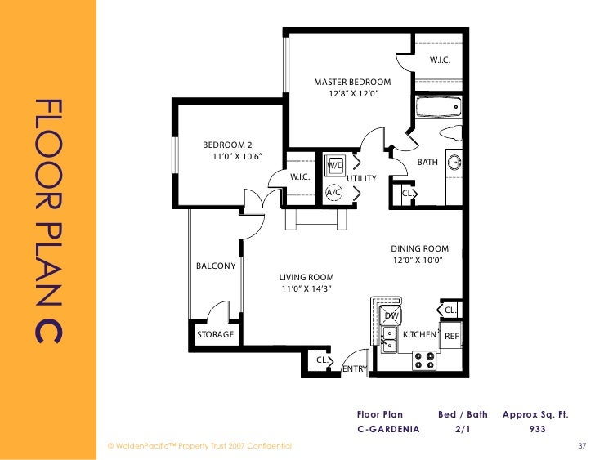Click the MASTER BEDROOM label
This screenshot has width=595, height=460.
click(x=352, y=82)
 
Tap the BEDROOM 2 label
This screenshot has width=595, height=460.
click(x=227, y=145)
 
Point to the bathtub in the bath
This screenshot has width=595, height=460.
click(x=439, y=107)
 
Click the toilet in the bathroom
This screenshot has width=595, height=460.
click(x=451, y=133)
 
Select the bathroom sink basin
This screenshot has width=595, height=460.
click(x=454, y=163)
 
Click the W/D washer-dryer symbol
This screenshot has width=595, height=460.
click(x=335, y=165)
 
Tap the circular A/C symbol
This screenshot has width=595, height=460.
click(x=334, y=193)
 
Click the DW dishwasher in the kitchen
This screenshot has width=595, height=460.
click(x=391, y=315)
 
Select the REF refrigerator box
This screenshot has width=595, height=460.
click(x=451, y=336)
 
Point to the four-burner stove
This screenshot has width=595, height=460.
click(x=424, y=360)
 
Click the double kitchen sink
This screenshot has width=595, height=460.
click(x=388, y=339)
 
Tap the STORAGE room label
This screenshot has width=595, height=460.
click(x=215, y=334)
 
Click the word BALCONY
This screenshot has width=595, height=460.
click(x=216, y=266)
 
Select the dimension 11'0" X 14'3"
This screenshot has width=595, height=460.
click(x=306, y=288)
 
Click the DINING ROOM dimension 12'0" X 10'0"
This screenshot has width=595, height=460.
click(x=418, y=260)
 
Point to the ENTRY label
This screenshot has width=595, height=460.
click(x=355, y=368)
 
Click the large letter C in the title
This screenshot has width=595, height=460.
click(x=48, y=327)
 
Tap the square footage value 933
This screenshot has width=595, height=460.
click(x=537, y=429)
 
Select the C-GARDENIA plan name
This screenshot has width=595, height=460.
click(x=388, y=429)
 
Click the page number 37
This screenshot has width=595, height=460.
click(x=582, y=446)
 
